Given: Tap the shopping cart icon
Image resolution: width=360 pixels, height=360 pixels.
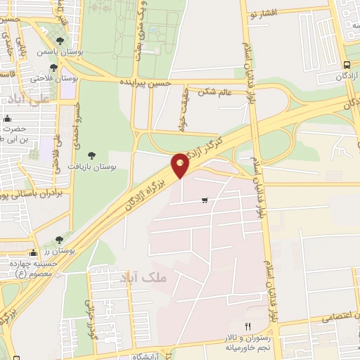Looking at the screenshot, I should pos(205,201).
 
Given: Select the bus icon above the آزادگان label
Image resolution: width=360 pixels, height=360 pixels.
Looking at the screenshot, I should pos(347,65).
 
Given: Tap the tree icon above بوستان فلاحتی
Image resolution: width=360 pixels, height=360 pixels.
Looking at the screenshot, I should pos(53,67).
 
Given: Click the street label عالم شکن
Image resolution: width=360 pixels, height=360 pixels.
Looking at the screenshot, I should pos(215,91).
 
